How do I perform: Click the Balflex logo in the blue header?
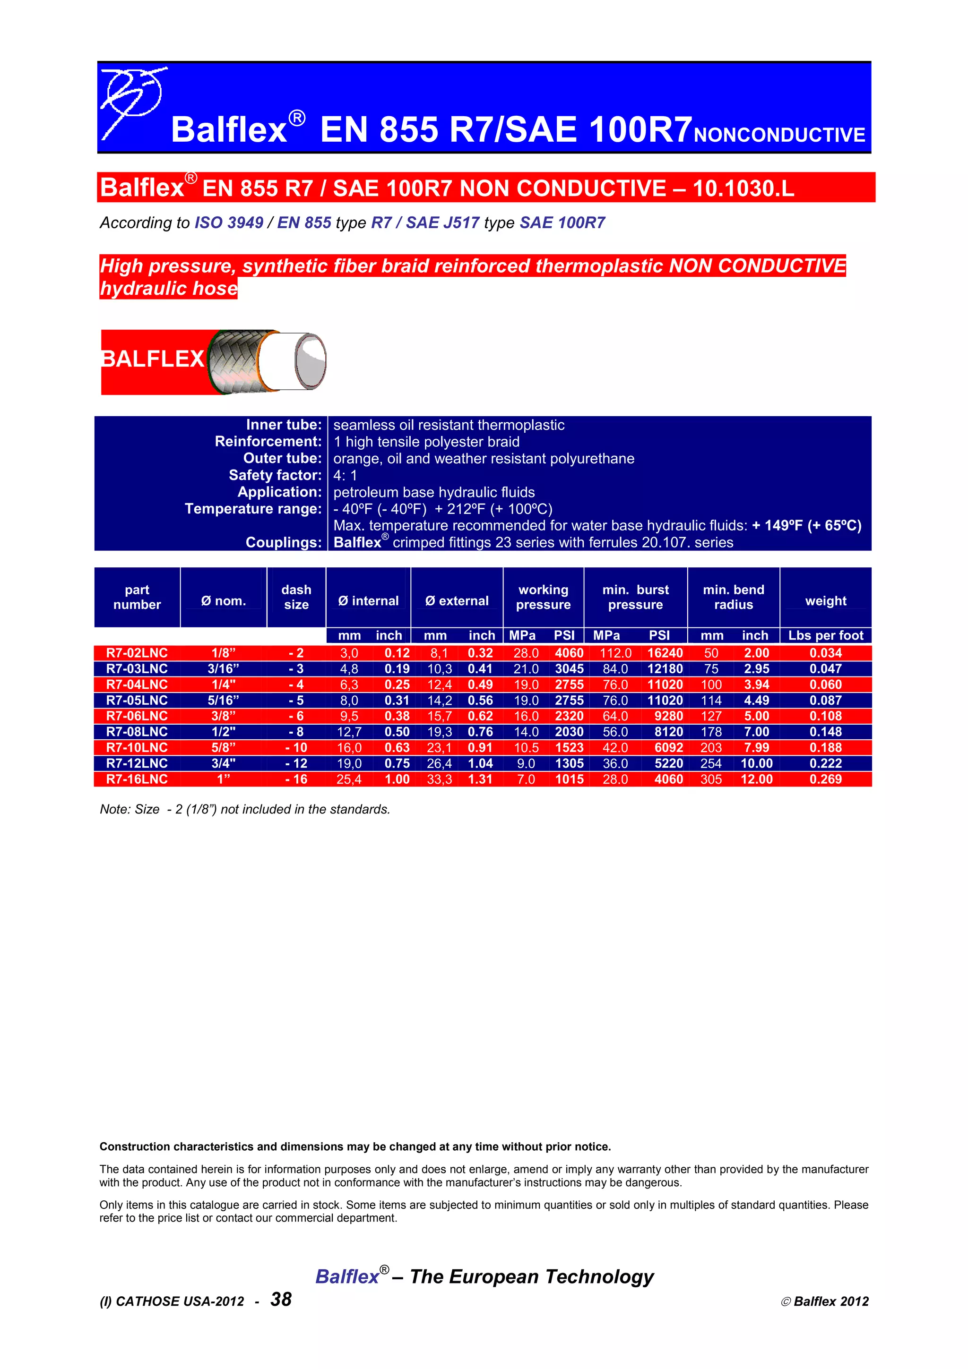pyautogui.click(x=132, y=102)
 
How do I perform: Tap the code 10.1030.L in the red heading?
pyautogui.click(x=743, y=188)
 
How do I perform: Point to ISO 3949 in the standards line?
pyautogui.click(x=228, y=223)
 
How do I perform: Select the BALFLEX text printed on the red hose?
pyautogui.click(x=153, y=359)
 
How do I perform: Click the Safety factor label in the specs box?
pyautogui.click(x=275, y=475)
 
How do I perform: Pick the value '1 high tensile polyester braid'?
pyautogui.click(x=426, y=442)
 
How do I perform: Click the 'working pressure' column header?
pyautogui.click(x=543, y=597)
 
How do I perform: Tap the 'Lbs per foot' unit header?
pyautogui.click(x=825, y=636)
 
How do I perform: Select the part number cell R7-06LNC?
pyautogui.click(x=137, y=716)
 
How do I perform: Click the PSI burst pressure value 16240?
pyautogui.click(x=665, y=653)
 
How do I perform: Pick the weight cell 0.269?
pyautogui.click(x=825, y=779)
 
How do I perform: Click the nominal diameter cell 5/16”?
pyautogui.click(x=223, y=701)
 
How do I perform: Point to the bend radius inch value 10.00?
pyautogui.click(x=756, y=764)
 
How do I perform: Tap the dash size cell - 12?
pyautogui.click(x=296, y=764)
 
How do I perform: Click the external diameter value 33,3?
pyautogui.click(x=439, y=779)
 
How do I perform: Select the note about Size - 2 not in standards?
pyautogui.click(x=244, y=809)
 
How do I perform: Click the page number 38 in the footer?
pyautogui.click(x=281, y=1299)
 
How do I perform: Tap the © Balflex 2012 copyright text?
pyautogui.click(x=824, y=1301)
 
